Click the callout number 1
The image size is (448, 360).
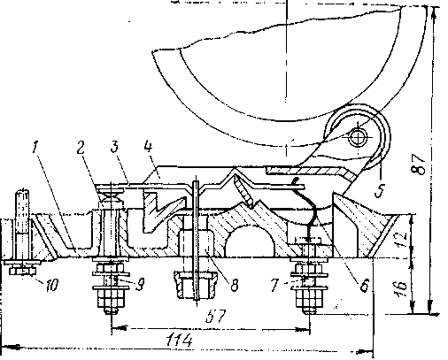35,147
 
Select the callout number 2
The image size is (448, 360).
81,148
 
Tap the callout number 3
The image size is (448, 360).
114,147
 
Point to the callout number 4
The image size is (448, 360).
148,146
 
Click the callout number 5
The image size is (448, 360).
380,190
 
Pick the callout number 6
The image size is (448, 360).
364,285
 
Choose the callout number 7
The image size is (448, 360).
274,285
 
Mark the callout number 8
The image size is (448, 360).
234,285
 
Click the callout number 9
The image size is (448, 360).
140,284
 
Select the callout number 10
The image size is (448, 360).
51,285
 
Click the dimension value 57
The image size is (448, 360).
216,316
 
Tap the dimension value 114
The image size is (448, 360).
179,340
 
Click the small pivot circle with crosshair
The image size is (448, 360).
358,137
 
